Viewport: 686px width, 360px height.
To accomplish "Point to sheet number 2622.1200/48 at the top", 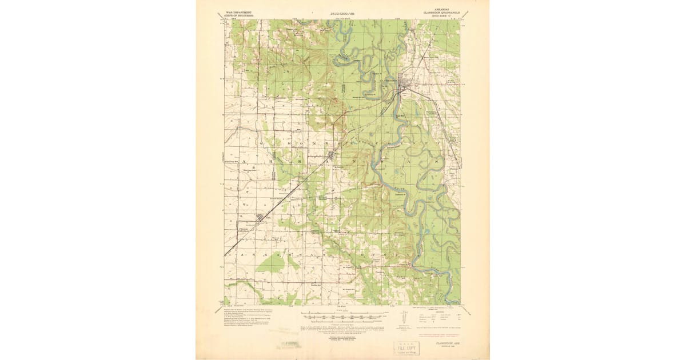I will tap(342, 13).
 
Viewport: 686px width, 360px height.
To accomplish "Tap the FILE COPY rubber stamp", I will tap(406, 347).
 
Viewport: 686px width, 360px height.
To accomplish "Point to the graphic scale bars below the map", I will tap(342, 318).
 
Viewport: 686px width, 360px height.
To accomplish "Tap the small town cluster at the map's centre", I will tap(332, 155).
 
